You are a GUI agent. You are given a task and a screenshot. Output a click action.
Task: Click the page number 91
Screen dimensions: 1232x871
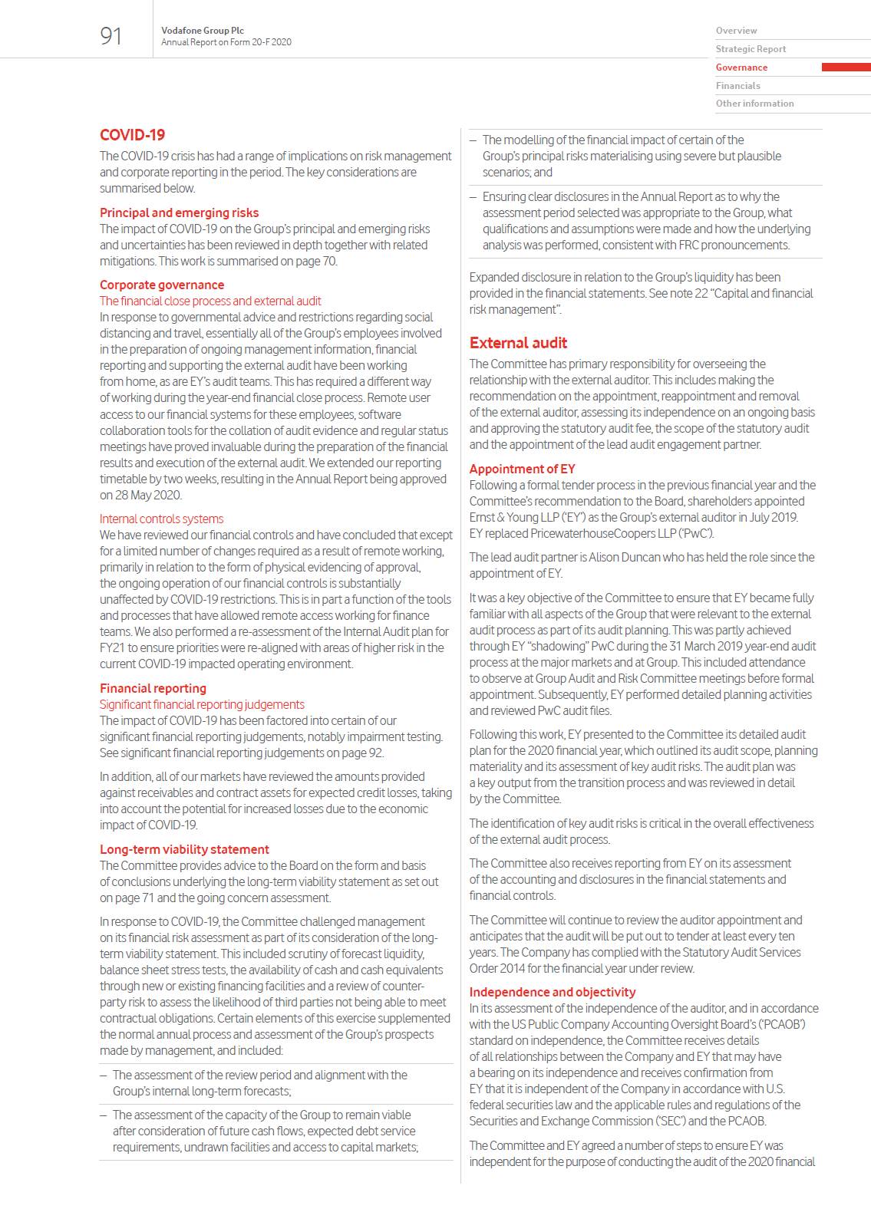111,36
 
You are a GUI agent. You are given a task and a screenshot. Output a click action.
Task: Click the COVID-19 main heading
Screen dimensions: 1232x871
132,135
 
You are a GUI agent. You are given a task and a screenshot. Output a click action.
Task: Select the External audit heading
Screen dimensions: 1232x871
518,343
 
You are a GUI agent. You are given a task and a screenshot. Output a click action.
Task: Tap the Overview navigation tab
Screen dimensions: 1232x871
736,31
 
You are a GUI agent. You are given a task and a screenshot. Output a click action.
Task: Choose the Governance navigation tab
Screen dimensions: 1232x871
741,68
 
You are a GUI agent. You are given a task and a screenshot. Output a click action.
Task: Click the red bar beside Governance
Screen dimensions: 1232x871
846,68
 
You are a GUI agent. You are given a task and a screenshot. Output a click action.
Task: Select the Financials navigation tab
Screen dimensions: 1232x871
737,86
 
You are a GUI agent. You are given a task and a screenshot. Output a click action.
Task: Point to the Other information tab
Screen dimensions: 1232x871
754,104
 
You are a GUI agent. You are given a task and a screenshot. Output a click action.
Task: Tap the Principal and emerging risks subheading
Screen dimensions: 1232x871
179,212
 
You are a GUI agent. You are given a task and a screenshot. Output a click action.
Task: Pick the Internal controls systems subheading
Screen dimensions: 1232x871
161,519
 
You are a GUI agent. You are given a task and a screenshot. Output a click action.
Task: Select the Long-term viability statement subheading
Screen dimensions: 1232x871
184,849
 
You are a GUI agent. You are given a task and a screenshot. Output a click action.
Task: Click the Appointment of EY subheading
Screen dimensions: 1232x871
522,469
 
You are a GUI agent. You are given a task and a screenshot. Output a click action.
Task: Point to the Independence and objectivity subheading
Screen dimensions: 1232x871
553,992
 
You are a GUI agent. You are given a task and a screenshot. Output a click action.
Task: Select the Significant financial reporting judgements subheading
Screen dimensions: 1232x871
202,704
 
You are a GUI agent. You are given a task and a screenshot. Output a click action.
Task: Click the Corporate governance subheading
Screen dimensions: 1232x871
162,285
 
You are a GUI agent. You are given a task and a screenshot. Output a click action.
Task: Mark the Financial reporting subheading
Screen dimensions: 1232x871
153,688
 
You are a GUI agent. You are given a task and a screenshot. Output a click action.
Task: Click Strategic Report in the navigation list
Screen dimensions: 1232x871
751,49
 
